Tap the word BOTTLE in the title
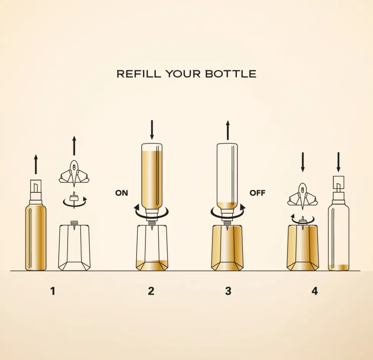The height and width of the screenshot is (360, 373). click(231, 74)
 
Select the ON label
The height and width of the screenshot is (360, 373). click(122, 193)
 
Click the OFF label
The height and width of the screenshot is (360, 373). click(257, 193)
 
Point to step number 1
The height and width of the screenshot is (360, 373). click(53, 291)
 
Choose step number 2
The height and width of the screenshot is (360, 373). click(151, 291)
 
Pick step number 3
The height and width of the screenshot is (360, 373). click(228, 291)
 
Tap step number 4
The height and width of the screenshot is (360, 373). click(315, 291)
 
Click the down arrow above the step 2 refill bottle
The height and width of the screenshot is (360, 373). click(152, 130)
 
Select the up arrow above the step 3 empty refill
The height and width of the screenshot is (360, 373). click(228, 130)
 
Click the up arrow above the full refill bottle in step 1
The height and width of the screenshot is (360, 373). click(36, 164)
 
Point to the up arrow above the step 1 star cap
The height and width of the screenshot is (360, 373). click(74, 146)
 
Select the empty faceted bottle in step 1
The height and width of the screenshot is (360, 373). click(74, 246)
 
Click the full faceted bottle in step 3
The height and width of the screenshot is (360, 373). click(227, 247)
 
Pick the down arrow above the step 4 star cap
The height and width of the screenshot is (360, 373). click(303, 162)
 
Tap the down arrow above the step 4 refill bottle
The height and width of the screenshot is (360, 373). click(338, 162)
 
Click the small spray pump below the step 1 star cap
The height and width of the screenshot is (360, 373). click(74, 199)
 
